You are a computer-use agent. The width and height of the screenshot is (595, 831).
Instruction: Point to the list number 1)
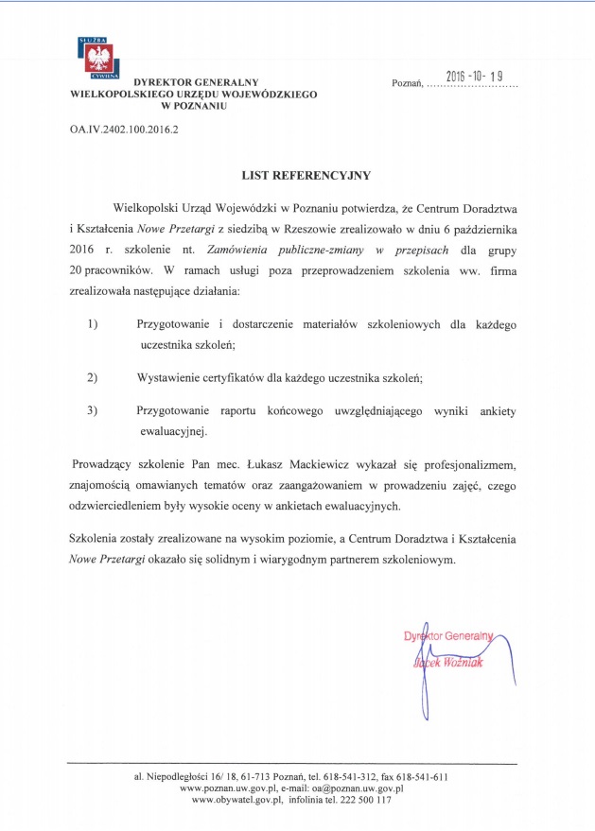(93, 324)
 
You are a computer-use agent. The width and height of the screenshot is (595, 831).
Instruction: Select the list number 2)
(93, 377)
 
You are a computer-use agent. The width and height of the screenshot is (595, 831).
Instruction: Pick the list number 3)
(93, 410)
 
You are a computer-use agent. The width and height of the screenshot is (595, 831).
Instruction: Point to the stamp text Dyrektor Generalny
(449, 636)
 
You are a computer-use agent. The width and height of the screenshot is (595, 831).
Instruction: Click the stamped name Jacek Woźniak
(454, 662)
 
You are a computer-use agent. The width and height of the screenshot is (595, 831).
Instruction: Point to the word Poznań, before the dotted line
(408, 84)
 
